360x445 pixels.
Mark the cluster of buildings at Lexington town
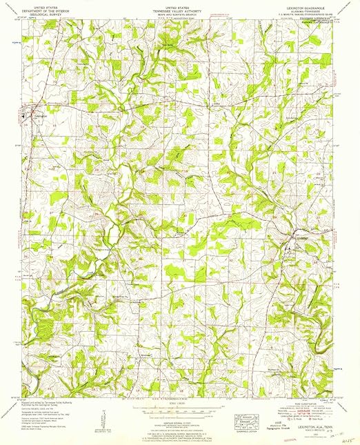pos(32,113)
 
